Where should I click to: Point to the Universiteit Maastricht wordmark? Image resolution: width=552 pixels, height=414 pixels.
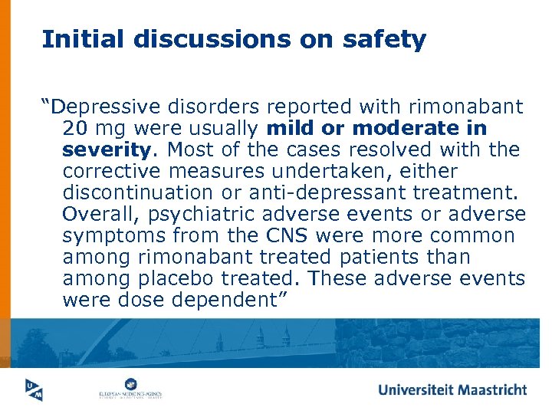tap(452, 389)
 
